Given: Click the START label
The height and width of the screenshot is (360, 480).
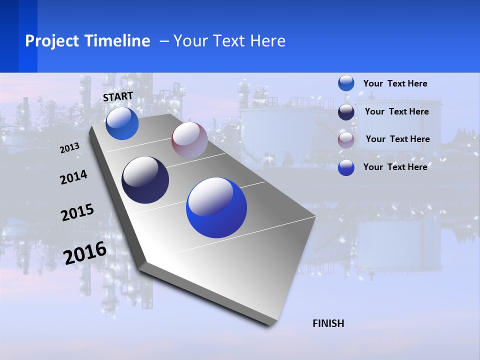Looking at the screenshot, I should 118,96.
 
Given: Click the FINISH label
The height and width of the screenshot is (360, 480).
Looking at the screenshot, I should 328,323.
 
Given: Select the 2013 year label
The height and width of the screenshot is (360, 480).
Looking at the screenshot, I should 70,147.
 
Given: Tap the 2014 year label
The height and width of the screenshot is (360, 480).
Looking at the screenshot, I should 73,177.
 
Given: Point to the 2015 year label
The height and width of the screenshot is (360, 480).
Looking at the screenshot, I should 77,212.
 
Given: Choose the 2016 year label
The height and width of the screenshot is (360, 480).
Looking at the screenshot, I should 85,252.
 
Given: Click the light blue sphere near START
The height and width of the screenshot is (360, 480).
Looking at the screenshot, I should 122,123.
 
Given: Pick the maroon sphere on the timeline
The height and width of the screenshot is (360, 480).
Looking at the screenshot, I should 189,139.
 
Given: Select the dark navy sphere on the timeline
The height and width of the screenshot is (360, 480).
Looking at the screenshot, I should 145,180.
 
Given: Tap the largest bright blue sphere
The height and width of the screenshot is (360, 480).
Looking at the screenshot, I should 216,207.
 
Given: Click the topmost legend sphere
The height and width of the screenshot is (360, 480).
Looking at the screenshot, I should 346,83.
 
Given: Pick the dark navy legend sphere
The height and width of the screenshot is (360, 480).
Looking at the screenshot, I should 346,112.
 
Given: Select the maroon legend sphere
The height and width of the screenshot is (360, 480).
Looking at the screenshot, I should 346,140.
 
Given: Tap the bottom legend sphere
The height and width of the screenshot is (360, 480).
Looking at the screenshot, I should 346,167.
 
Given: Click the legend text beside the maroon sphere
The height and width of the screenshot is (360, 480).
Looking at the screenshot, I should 397,139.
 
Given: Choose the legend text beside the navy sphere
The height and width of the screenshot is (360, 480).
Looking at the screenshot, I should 396,111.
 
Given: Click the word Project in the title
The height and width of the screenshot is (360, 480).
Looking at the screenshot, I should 52,41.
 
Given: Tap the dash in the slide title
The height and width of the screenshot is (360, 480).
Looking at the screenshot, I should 164,41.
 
